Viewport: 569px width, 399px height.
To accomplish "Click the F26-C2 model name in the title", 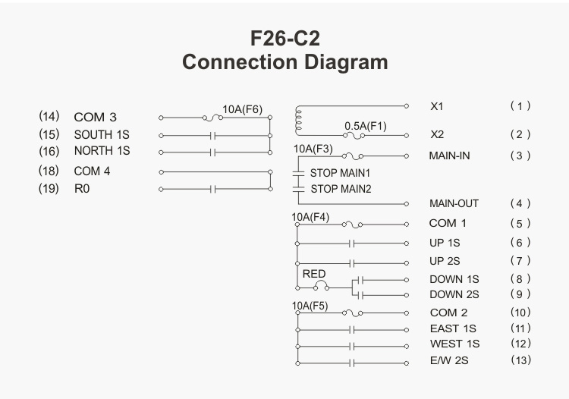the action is click(x=284, y=38).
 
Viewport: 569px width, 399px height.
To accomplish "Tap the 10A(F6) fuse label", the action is click(x=242, y=109).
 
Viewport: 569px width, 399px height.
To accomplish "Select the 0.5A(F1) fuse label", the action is click(x=366, y=126).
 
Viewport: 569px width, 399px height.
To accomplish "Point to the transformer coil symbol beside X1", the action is click(x=298, y=121).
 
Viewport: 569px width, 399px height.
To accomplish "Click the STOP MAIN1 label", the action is click(x=340, y=173).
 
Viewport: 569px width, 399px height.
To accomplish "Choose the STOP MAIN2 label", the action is click(x=341, y=189).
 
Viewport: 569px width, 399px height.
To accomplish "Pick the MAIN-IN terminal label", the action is click(x=449, y=156).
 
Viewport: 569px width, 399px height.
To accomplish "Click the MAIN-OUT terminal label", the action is click(x=454, y=203).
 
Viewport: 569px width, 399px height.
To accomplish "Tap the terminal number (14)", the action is click(x=49, y=116).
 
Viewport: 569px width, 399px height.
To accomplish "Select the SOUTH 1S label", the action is click(x=102, y=134).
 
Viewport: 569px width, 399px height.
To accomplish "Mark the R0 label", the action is click(x=82, y=189).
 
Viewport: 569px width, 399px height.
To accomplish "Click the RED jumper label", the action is click(x=314, y=274).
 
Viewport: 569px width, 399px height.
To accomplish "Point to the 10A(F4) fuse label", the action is click(x=310, y=217).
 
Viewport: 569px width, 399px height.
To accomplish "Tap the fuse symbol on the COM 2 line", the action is click(x=352, y=313).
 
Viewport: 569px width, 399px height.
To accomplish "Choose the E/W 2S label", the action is click(x=449, y=360).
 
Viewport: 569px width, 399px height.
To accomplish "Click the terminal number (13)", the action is click(x=520, y=360).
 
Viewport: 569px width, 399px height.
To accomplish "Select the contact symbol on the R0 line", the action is click(x=212, y=189).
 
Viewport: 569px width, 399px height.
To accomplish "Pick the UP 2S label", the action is click(x=445, y=261).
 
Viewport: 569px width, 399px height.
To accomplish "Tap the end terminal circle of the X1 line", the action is click(x=407, y=106).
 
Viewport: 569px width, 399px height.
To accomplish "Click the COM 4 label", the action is click(x=92, y=171).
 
